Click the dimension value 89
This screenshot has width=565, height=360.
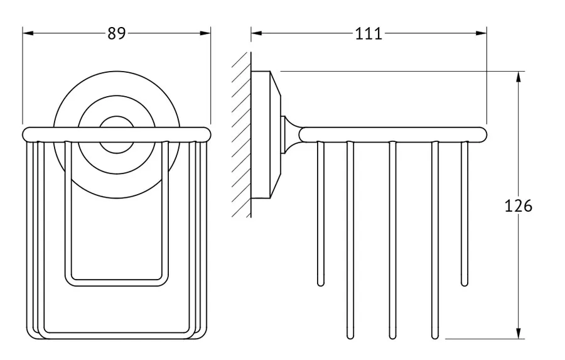click(117, 33)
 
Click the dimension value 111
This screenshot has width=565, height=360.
click(369, 33)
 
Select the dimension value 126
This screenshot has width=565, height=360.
click(519, 206)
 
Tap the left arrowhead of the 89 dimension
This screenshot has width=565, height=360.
click(28, 33)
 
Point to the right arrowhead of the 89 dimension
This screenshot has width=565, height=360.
click(205, 33)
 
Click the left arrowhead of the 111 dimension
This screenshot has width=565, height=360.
click(257, 33)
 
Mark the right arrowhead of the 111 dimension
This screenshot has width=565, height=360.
click(481, 33)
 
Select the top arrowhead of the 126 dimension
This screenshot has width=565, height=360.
click(519, 77)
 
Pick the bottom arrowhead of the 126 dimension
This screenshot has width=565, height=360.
click(519, 334)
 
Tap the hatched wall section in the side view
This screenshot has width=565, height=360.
click(241, 134)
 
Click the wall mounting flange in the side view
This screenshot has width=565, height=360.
click(266, 135)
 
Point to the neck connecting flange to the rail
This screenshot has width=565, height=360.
click(291, 134)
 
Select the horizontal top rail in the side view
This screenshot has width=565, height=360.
click(393, 134)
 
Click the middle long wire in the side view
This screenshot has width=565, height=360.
click(393, 240)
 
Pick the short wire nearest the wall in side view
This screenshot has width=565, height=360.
click(320, 214)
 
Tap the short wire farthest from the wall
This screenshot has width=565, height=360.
click(465, 214)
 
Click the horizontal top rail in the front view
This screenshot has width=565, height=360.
click(116, 134)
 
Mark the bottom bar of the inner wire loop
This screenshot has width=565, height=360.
click(117, 283)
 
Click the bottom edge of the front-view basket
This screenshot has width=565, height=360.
click(117, 335)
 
